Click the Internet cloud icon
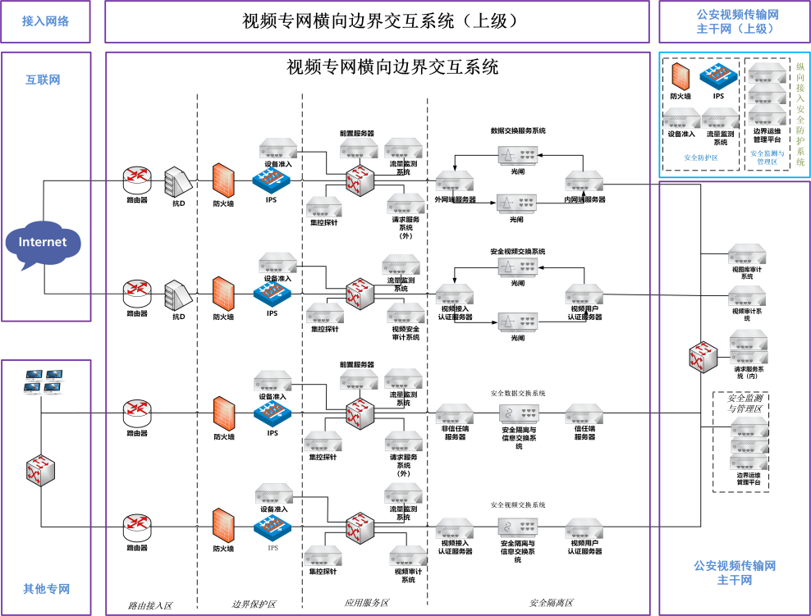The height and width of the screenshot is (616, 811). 43,244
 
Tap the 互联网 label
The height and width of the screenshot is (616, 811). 43,80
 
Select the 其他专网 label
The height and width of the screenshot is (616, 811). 46,589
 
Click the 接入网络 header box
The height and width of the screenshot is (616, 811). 46,21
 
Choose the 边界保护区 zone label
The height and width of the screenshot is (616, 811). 254,605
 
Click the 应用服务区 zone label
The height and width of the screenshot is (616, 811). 367,604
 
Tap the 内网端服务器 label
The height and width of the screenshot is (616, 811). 584,199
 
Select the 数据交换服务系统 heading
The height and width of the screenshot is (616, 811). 518,130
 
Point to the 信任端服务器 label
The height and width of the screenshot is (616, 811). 584,432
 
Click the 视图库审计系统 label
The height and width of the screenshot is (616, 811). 747,272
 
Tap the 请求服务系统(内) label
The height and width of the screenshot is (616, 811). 749,373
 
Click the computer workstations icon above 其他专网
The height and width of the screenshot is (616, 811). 43,381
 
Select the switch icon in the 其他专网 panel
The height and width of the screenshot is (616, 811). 39,469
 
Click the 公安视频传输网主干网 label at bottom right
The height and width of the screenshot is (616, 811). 735,573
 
